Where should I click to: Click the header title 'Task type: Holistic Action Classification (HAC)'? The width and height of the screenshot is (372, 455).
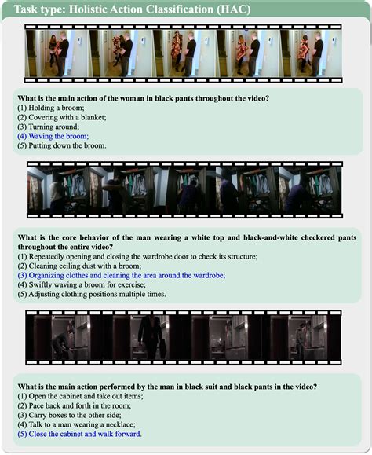[132, 9]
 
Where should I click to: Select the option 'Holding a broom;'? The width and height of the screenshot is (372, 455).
[51, 108]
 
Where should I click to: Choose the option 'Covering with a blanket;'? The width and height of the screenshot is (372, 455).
[62, 117]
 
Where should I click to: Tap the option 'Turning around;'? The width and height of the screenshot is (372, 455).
[49, 127]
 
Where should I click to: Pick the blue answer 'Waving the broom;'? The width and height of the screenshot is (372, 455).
[53, 136]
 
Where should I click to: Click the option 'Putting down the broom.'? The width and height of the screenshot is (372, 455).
[62, 145]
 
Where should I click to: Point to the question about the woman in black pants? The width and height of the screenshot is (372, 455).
[144, 98]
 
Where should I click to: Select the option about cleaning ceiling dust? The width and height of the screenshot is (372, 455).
[79, 266]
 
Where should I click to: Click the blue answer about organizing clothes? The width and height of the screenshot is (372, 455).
[122, 275]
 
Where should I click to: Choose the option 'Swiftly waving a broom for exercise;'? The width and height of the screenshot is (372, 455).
[82, 284]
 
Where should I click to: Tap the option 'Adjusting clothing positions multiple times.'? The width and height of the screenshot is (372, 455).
[92, 294]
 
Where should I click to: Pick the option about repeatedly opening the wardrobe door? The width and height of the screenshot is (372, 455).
[137, 256]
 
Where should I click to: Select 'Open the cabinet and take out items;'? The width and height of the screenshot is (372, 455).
[80, 396]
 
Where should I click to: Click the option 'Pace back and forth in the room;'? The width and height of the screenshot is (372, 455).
[75, 405]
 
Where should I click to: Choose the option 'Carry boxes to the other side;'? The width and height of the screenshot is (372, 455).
[69, 415]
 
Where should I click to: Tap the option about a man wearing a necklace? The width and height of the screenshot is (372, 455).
[76, 424]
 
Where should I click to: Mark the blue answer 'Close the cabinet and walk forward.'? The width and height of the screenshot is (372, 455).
[80, 434]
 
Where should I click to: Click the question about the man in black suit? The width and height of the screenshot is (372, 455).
[167, 387]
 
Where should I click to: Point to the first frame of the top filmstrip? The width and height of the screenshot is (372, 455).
[57, 53]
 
